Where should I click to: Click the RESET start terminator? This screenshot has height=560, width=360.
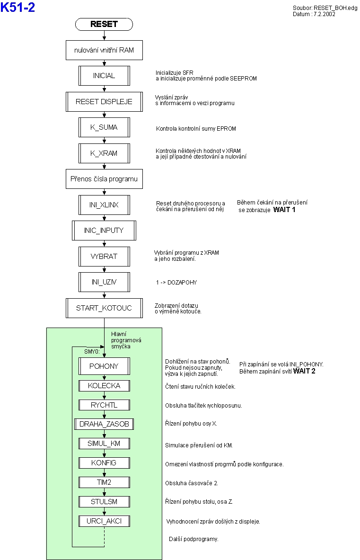click(x=104, y=24)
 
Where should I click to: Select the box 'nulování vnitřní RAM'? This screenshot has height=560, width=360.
click(x=104, y=50)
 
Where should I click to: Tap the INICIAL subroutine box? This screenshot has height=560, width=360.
click(x=104, y=76)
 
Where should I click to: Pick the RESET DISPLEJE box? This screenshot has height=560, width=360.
click(x=104, y=102)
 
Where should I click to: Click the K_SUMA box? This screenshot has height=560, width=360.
click(x=104, y=127)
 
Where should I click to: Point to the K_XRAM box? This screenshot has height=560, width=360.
click(x=104, y=153)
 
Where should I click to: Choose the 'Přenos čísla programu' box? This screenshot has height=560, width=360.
click(x=104, y=179)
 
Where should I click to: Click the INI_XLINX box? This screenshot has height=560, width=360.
click(x=104, y=205)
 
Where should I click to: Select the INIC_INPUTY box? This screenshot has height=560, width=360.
click(x=104, y=231)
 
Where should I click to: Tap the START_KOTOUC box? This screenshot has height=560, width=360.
click(x=104, y=308)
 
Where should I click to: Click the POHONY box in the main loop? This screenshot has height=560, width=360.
click(x=104, y=366)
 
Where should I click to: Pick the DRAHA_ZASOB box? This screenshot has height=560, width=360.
click(x=104, y=424)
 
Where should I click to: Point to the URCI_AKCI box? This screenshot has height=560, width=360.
click(x=104, y=521)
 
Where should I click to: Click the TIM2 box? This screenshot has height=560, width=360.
click(x=104, y=482)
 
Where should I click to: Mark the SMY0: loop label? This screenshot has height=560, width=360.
click(x=92, y=352)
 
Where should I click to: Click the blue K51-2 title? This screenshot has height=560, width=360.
click(x=18, y=7)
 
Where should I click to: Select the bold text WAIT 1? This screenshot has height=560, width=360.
click(x=284, y=210)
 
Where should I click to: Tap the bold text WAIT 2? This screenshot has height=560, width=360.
click(x=304, y=371)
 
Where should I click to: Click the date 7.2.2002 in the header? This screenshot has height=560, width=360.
click(x=325, y=14)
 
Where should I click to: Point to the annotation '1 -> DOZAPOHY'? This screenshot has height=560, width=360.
click(x=176, y=283)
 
